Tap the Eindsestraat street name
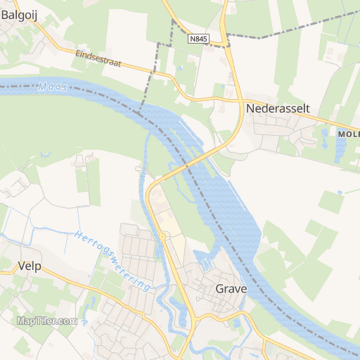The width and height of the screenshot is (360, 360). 98,58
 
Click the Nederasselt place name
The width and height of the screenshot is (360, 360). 278,109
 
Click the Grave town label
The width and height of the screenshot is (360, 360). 230,289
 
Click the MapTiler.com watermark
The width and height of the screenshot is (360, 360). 47,321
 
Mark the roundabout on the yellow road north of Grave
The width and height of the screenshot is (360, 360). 162,237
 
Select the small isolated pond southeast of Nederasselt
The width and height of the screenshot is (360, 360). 340,192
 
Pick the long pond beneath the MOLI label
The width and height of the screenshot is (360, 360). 341,148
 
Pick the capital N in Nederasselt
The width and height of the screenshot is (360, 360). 250,109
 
